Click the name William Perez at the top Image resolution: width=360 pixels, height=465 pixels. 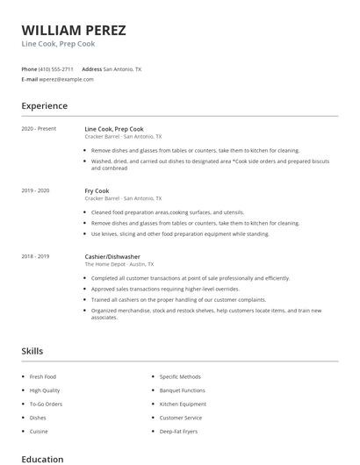point(74,30)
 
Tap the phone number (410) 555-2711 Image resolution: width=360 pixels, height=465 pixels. point(56,68)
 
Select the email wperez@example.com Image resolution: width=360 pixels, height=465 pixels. point(66,79)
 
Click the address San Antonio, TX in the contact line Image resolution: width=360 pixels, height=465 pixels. point(122,68)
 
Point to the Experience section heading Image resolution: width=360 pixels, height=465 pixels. point(44,106)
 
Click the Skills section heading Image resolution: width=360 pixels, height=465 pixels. point(32,351)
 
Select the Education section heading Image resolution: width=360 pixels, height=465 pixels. point(42,459)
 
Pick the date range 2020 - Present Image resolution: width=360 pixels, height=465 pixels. point(39,129)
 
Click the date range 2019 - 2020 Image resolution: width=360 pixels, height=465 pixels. point(35,190)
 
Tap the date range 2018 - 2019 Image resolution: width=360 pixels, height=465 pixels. point(35,256)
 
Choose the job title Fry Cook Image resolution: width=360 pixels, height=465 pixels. point(97,190)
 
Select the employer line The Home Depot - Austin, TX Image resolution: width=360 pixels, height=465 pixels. point(119,264)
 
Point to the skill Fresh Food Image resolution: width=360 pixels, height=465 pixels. point(43,376)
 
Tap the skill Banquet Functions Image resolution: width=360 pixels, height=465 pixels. point(182,390)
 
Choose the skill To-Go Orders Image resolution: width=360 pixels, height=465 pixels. point(47,404)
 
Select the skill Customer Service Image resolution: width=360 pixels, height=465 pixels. point(180,418)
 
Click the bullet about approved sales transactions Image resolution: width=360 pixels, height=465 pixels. point(165,289)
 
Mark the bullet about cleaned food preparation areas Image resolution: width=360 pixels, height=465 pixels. point(168,212)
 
